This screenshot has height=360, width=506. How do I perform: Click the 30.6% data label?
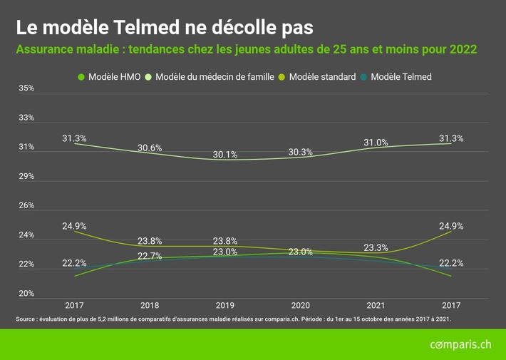(150, 148)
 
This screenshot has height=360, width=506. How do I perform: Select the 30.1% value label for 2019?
(225, 155)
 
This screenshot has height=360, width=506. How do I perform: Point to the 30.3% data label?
(300, 152)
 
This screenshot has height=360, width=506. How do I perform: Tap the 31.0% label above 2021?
(376, 143)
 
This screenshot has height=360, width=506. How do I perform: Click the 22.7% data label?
(150, 256)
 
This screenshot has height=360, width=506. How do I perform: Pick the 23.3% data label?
(376, 248)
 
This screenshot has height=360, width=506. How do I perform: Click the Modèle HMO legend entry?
(110, 77)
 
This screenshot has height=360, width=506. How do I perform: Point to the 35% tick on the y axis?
(26, 88)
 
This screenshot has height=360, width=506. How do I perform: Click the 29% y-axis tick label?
(26, 176)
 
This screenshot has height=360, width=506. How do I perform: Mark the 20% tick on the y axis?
(26, 294)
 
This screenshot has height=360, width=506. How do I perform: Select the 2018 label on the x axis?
(150, 305)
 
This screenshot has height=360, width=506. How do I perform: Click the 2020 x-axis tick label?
(300, 305)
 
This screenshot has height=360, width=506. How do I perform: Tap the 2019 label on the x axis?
(225, 305)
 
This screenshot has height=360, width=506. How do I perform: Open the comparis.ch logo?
(460, 345)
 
